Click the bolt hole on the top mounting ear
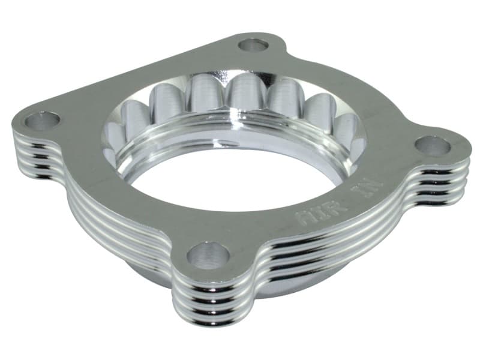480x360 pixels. click(x=253, y=45)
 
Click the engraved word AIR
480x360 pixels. click(x=311, y=214)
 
